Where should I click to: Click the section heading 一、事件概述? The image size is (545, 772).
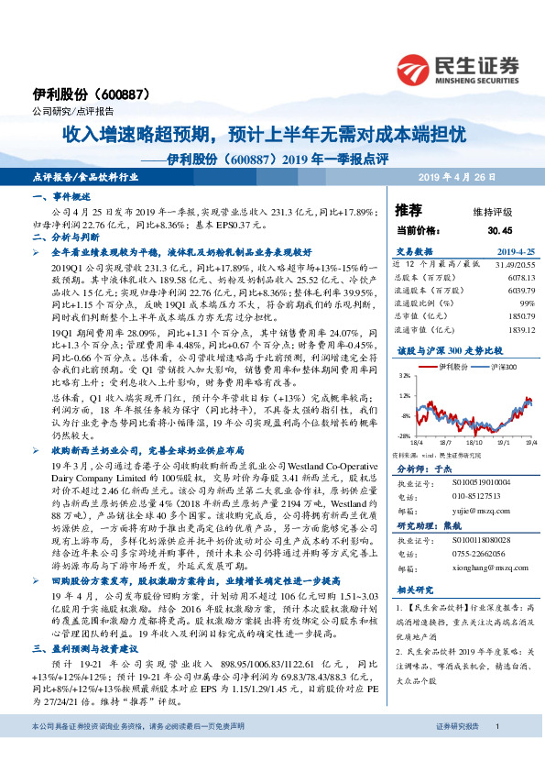[x=62, y=198]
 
